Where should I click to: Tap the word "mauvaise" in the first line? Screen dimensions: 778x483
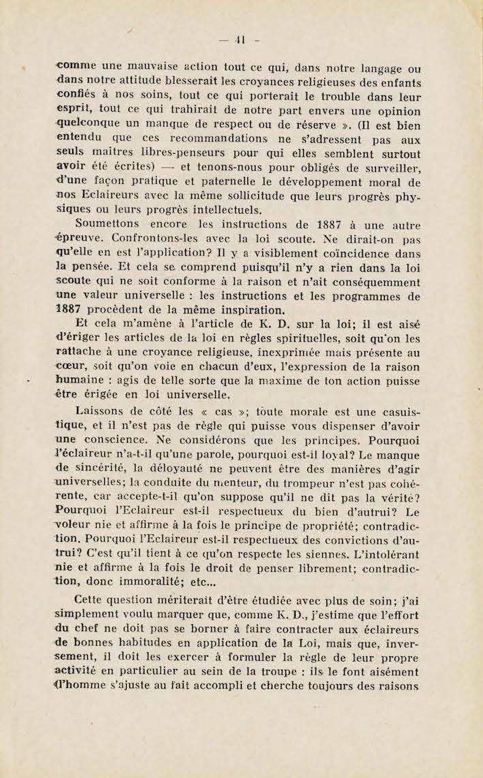[x=126, y=67]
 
